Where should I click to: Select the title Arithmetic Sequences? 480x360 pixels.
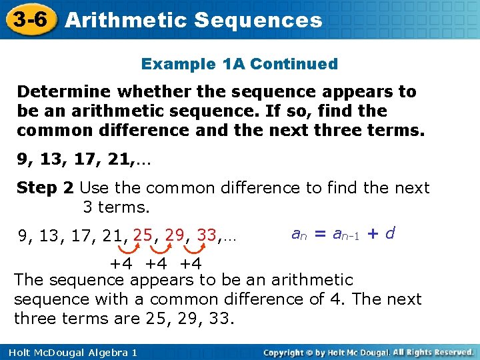[x=194, y=20]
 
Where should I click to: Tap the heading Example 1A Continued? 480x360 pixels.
[x=239, y=65]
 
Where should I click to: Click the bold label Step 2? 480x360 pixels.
[x=45, y=188]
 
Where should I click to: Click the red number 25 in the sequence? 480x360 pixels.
[x=143, y=235]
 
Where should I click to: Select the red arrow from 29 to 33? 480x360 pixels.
[x=195, y=249]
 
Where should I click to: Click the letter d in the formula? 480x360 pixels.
[x=390, y=233]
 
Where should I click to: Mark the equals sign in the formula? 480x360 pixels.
[x=319, y=234]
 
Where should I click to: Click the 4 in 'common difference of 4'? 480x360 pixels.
[x=335, y=299]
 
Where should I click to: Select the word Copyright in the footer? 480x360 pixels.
[x=287, y=351]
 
